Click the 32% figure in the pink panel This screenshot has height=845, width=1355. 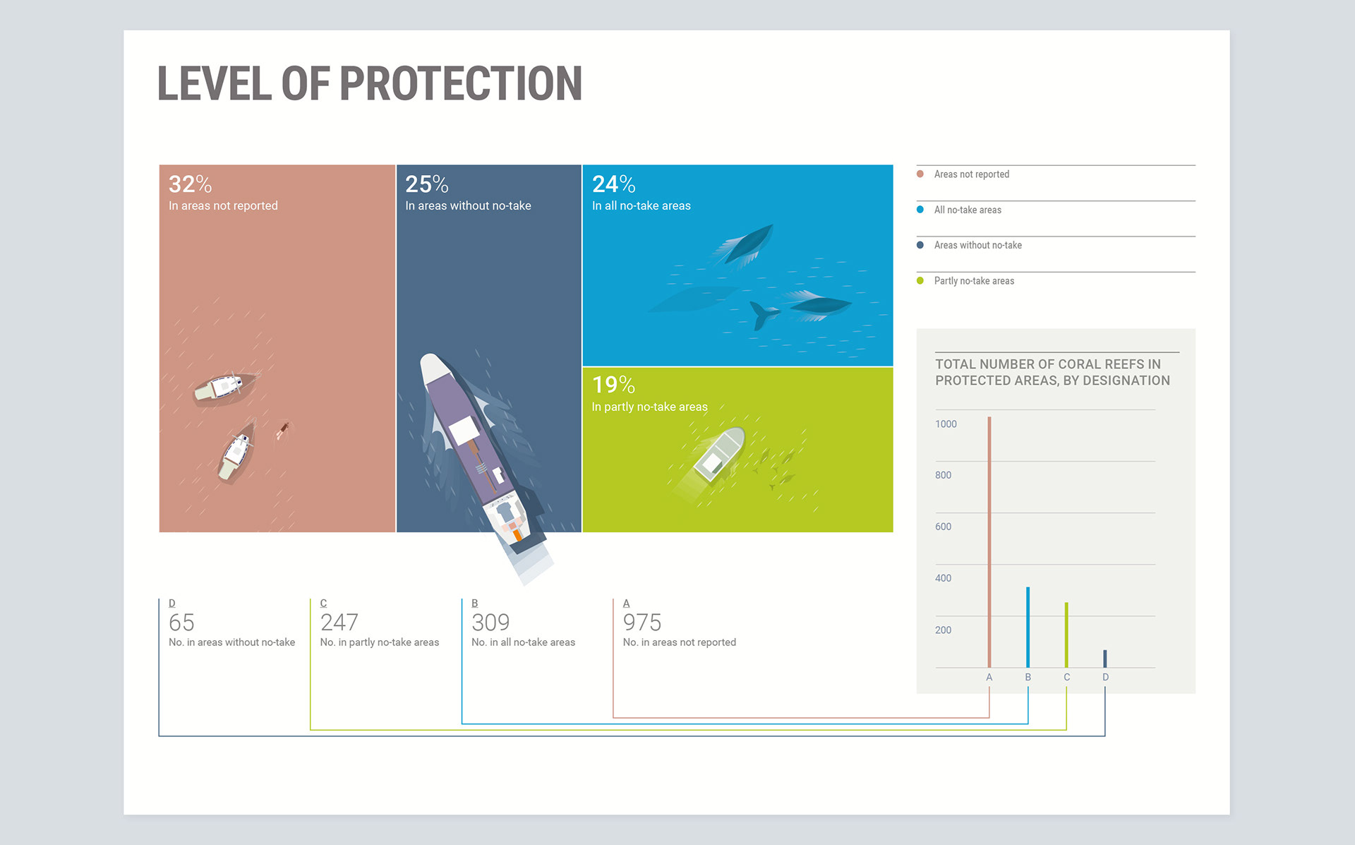pos(190,184)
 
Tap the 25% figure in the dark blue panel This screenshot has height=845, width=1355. pos(426,184)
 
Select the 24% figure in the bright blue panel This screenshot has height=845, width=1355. pos(613,184)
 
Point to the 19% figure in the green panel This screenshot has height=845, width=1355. pos(613,385)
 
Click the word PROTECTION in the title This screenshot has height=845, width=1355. pos(461,83)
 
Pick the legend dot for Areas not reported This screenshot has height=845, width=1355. pos(920,174)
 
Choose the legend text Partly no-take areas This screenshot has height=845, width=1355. pos(974,281)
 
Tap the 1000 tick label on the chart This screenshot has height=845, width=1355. pos(946,424)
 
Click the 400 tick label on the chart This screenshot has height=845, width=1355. pos(943,578)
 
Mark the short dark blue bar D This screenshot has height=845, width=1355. pos(1105,659)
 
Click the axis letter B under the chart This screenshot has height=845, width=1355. pos(1028,677)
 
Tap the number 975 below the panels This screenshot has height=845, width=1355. pos(642,623)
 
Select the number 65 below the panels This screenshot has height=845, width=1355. pos(181,623)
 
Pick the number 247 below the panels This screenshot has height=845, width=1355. pos(339,623)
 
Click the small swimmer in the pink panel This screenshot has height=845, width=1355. pos(284,429)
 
